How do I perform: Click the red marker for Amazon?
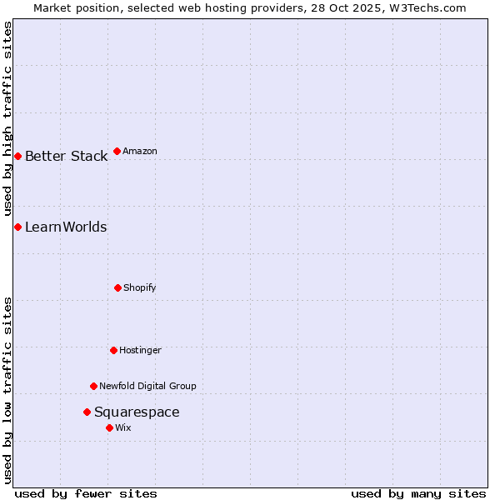click(x=117, y=151)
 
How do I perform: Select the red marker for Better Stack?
click(x=17, y=156)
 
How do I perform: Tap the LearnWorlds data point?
click(x=17, y=227)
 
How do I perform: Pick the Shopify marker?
click(x=117, y=287)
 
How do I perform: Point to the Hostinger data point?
click(x=113, y=350)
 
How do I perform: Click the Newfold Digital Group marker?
click(x=93, y=386)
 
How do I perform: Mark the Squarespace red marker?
click(x=87, y=412)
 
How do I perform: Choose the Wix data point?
click(x=109, y=427)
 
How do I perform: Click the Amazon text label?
click(x=140, y=151)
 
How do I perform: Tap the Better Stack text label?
click(x=66, y=156)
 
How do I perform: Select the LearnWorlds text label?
click(x=66, y=227)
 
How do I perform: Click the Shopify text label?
click(x=140, y=287)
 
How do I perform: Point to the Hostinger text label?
click(x=140, y=350)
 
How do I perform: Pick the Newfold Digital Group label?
click(x=147, y=386)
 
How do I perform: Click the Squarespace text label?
click(x=137, y=412)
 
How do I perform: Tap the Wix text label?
click(x=123, y=427)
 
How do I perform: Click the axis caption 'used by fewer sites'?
click(x=86, y=493)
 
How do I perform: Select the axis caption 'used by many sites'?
click(x=418, y=493)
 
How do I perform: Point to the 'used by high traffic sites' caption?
click(x=7, y=118)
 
